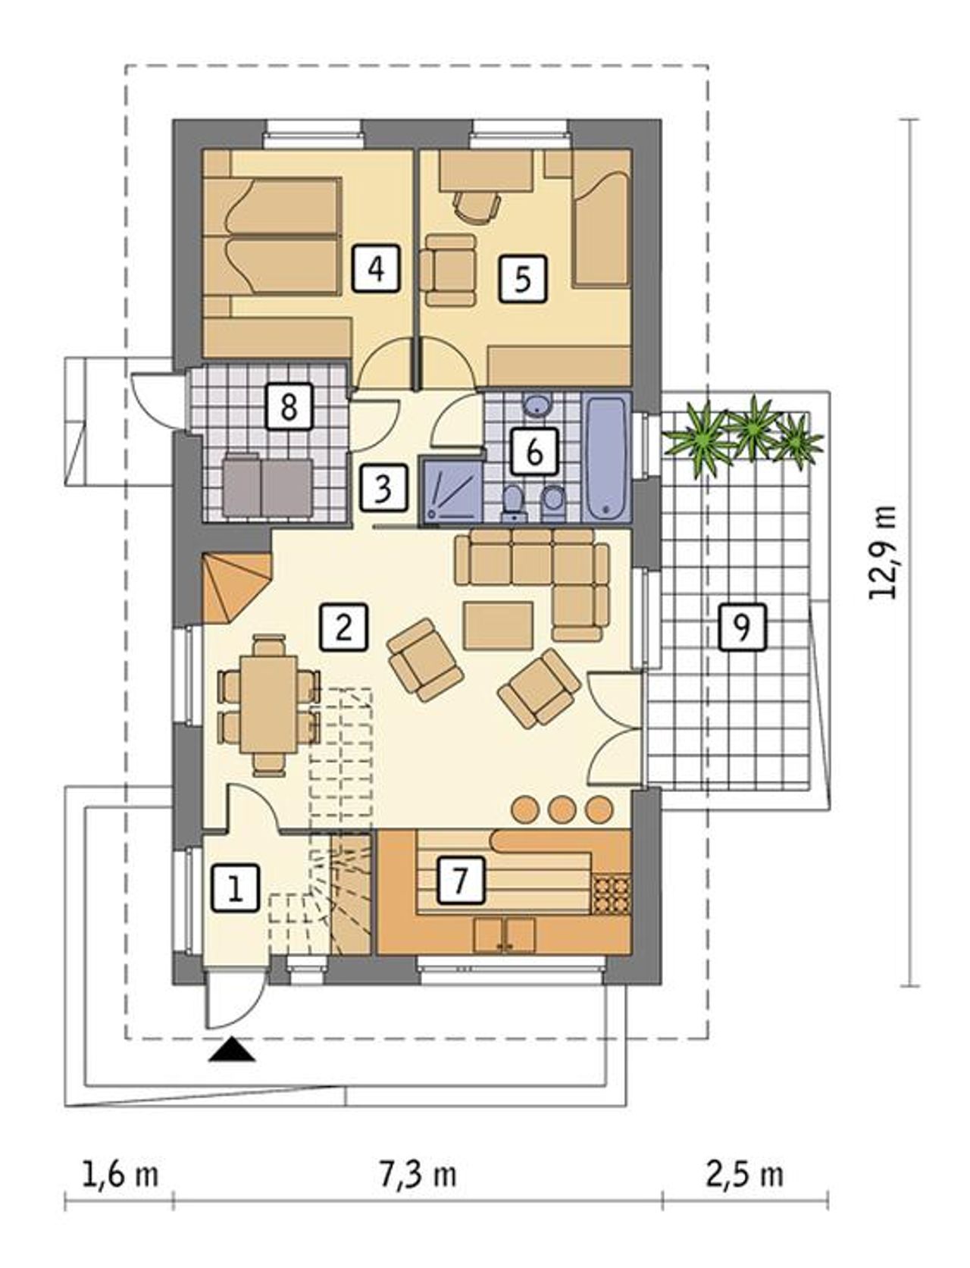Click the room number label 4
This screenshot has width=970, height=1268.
(377, 268)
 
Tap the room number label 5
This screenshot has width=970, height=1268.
(523, 279)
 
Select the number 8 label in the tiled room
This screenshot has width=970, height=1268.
(289, 406)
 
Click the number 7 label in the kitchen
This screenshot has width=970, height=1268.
(460, 881)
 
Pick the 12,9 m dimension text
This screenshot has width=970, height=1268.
(883, 553)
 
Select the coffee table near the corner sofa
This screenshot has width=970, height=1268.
(499, 625)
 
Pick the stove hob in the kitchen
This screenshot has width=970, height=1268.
(611, 895)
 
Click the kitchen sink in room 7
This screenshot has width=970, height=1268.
(505, 935)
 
